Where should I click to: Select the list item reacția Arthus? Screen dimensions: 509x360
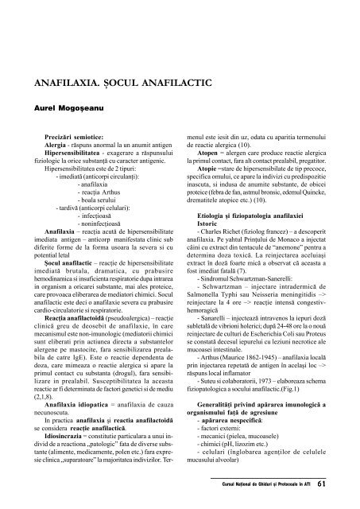coord(101,198)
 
